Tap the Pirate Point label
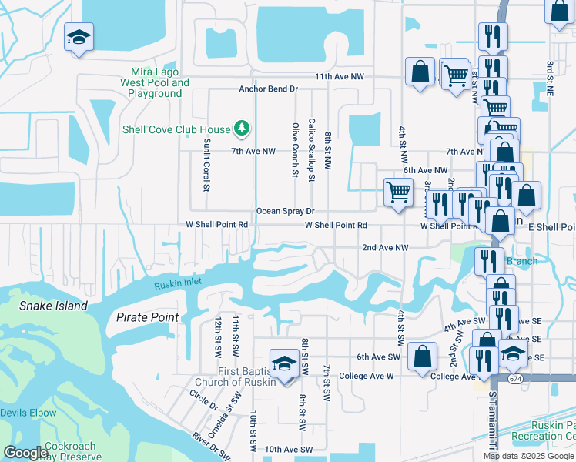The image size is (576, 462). (x=147, y=317)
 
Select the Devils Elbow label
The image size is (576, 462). (x=28, y=413)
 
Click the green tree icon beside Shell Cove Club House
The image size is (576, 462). (x=242, y=128)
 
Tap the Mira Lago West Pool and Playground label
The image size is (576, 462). (x=155, y=82)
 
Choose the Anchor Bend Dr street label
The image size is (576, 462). (x=268, y=89)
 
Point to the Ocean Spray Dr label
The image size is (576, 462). (x=286, y=211)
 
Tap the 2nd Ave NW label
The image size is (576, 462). (x=385, y=248)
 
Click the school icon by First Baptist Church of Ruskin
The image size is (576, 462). (x=283, y=363)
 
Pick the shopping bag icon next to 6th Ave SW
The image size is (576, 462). (x=422, y=357)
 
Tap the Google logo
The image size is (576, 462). (x=25, y=452)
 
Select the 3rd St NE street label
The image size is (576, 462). (x=550, y=75)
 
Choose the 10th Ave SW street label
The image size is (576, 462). (x=289, y=449)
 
